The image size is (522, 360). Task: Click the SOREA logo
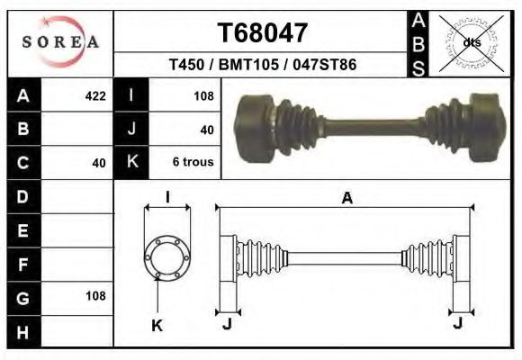tap(60, 42)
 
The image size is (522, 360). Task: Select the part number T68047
tap(263, 34)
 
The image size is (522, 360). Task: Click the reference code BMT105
tap(263, 66)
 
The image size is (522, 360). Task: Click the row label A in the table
tap(22, 96)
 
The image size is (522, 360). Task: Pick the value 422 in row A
tap(94, 96)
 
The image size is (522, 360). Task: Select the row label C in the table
tap(22, 163)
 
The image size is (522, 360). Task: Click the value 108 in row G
tap(94, 295)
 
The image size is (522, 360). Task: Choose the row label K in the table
tap(132, 163)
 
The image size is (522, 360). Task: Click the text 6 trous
tap(192, 163)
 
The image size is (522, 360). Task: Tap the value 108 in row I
tap(202, 96)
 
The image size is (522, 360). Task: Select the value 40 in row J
tap(206, 130)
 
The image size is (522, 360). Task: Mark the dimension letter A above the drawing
tap(346, 200)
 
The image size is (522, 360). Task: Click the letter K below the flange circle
tap(156, 325)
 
